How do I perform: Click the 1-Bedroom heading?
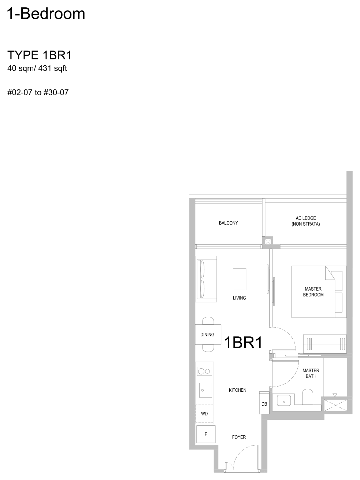46,14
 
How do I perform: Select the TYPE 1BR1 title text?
40,55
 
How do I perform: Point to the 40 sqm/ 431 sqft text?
37,69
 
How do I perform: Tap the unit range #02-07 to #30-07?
38,92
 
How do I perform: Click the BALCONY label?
229,223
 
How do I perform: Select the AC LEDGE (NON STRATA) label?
305,221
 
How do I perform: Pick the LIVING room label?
240,298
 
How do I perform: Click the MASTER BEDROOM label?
313,292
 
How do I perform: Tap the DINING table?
208,335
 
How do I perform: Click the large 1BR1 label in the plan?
243,343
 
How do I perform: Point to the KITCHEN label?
238,390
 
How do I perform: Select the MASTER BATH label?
311,373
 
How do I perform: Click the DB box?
264,402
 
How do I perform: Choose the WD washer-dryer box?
204,414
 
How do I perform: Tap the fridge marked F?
206,434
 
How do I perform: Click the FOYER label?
239,437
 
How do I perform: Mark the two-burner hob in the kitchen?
204,371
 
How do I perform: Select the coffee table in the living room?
240,279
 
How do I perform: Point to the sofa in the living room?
206,279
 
